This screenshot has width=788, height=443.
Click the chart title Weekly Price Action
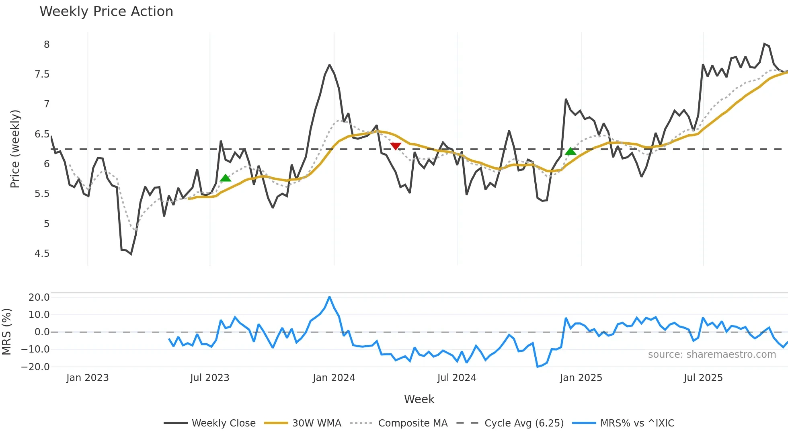point(106,12)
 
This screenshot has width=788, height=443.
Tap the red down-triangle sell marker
point(396,146)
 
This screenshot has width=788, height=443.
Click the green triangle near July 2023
point(226,178)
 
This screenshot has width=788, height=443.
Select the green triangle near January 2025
point(570,151)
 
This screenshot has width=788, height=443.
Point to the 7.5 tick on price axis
point(42,74)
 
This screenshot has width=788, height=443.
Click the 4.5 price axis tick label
point(42,254)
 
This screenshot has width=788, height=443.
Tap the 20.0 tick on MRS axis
point(39,297)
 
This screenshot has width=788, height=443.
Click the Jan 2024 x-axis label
point(334,378)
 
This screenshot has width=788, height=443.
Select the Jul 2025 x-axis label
point(703,378)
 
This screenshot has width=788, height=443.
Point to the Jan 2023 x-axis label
point(87,378)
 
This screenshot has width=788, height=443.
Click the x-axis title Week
point(419,399)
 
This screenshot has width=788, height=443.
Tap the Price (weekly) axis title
point(15,149)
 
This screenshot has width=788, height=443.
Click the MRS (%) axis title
point(7,332)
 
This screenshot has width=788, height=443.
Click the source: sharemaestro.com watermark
point(712,355)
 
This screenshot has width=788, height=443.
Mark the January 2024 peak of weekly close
point(329,65)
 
